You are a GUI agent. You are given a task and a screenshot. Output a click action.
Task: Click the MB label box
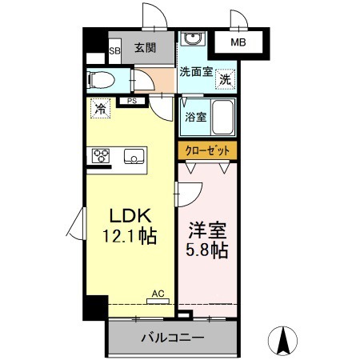pos(238,42)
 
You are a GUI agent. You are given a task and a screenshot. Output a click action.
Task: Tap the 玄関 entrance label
pos(145,47)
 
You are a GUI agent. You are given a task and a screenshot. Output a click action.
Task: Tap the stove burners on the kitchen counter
pos(101,155)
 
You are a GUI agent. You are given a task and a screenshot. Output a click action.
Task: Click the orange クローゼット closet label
pos(207,150)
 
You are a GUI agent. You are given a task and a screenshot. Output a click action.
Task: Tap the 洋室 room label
pos(207,230)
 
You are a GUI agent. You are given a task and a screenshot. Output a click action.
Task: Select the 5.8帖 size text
pos(207,250)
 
